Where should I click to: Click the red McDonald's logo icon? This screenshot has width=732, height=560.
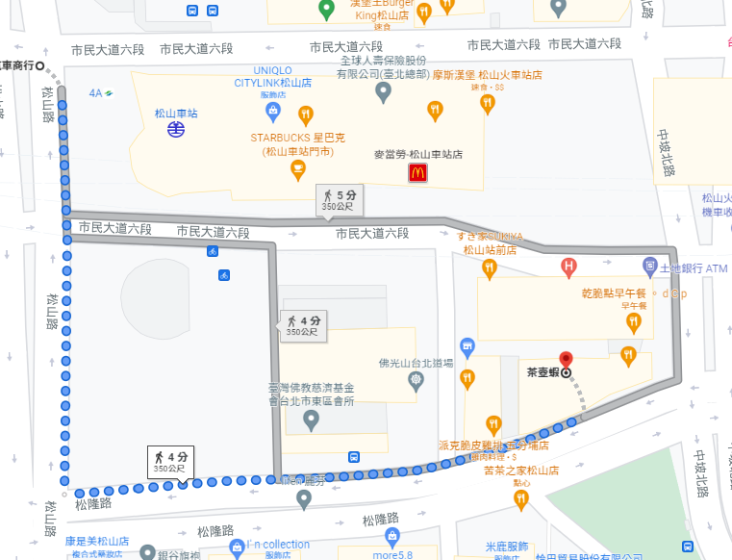(417, 173)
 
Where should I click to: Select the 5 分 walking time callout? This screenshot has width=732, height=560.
(338, 199)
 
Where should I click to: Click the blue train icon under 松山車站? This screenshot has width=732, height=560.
(176, 129)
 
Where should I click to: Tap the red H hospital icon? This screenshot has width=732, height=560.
(569, 266)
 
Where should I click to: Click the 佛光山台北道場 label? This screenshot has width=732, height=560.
(416, 364)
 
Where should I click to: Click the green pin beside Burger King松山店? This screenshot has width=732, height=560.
(326, 9)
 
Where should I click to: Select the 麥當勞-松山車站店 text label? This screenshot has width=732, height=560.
(417, 154)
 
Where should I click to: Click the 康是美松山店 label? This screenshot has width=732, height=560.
(95, 542)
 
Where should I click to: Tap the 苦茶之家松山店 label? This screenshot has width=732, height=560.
(521, 470)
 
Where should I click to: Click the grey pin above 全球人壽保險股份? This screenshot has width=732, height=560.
(383, 92)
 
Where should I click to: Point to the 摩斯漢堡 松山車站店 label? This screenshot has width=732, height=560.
(487, 75)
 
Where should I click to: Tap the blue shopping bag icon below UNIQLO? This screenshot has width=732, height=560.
(273, 112)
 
